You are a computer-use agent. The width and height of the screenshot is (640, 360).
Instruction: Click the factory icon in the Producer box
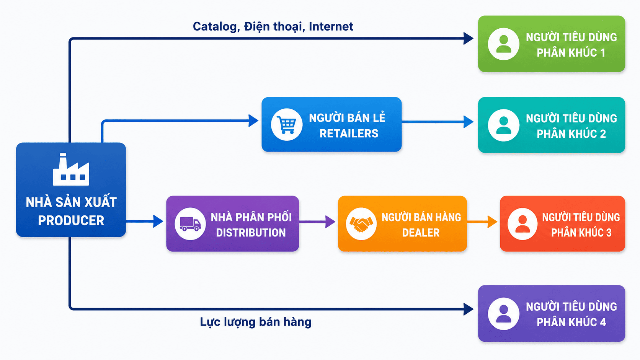click(71, 169)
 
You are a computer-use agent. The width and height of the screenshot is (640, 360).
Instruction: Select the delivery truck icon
click(190, 224)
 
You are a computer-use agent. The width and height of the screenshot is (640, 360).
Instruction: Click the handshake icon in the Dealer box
click(361, 224)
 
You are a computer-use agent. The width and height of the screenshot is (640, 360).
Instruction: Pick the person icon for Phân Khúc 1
click(503, 44)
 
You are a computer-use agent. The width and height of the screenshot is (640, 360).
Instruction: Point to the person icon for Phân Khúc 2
click(503, 125)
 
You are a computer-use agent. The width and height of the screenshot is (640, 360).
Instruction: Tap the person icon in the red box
click(522, 224)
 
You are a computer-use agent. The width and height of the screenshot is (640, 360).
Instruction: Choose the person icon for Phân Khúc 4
click(503, 313)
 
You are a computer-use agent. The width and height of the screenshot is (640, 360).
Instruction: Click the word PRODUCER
click(71, 220)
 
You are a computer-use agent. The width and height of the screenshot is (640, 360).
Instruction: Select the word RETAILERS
click(349, 134)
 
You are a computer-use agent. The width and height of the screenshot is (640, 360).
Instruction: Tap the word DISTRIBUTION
click(251, 233)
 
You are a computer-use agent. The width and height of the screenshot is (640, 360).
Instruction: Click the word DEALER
click(421, 233)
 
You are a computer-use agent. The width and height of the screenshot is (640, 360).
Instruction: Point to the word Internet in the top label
click(331, 26)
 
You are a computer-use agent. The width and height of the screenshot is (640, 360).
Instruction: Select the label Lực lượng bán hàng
click(256, 322)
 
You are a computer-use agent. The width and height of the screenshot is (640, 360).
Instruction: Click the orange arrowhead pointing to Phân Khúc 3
click(492, 222)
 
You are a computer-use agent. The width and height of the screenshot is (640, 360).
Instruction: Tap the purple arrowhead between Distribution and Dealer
click(330, 222)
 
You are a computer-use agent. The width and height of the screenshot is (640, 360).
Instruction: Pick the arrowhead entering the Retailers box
click(253, 121)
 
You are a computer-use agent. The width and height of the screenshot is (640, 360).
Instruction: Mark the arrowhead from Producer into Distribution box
click(158, 221)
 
